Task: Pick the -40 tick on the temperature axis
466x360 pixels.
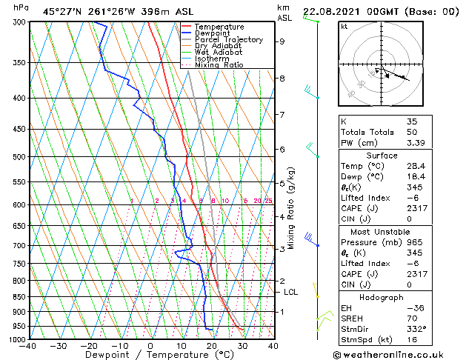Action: pos(29,346)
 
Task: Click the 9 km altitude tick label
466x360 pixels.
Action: pos(282,41)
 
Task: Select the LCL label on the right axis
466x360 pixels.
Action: pos(291,292)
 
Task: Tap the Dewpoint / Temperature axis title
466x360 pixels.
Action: pos(150,355)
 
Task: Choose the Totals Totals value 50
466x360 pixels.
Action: pos(412,132)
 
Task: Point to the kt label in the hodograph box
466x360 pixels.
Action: pos(344,26)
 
